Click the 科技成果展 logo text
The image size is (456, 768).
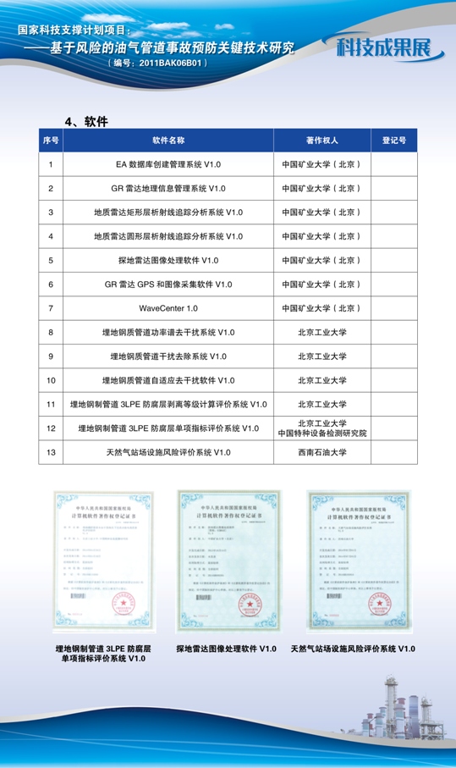tap(388, 47)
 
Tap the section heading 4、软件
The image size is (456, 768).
tap(88, 120)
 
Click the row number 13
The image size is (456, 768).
tap(51, 452)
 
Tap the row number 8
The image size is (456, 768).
tap(51, 332)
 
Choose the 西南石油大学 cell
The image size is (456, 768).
tap(321, 452)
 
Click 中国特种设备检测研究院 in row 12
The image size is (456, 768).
tap(322, 434)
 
